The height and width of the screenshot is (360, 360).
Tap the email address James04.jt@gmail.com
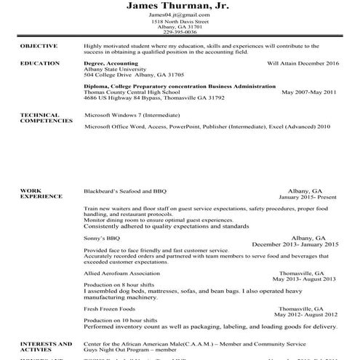click(180, 15)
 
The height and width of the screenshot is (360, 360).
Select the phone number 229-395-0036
click(180, 32)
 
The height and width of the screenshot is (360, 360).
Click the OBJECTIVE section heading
click(39, 46)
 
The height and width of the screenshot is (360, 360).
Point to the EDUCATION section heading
click(40, 63)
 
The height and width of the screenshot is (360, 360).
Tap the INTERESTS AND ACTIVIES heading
click(45, 345)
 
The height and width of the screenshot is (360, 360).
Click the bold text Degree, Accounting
click(110, 63)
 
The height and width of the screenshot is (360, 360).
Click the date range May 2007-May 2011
click(309, 92)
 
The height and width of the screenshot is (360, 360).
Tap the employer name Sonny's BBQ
click(102, 238)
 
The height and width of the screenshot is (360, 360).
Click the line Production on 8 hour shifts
click(119, 284)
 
